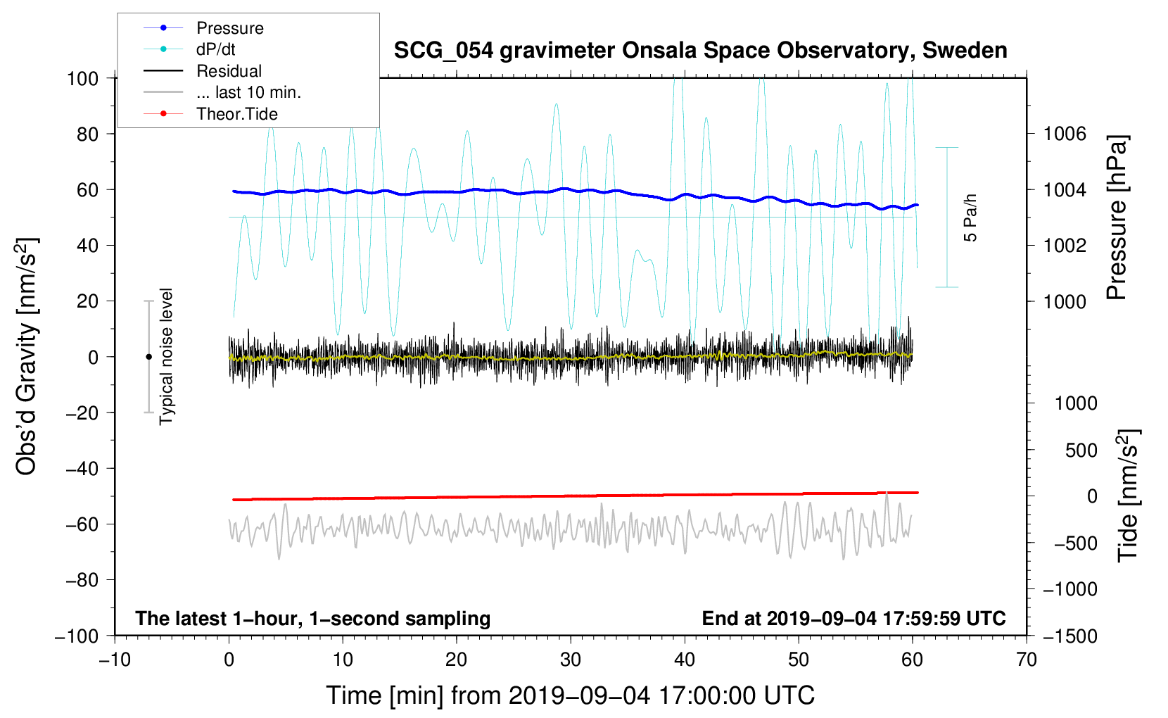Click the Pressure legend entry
[x=229, y=28]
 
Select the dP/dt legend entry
[x=215, y=49]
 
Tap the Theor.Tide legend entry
[x=236, y=114]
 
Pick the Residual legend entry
[x=229, y=71]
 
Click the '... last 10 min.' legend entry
[x=248, y=92]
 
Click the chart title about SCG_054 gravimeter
[x=700, y=51]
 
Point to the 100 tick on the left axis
[x=82, y=78]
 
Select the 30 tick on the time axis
[x=571, y=660]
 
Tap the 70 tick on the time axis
[x=1027, y=660]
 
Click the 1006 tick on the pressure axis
[x=1065, y=134]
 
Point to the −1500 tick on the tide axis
[x=1069, y=636]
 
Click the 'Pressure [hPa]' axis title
[x=1117, y=218]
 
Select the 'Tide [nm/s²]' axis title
[x=1128, y=496]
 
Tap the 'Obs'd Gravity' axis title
[x=27, y=357]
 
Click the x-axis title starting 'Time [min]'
[x=570, y=695]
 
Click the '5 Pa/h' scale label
[x=971, y=218]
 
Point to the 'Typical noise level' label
[x=166, y=356]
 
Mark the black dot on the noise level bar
[x=148, y=357]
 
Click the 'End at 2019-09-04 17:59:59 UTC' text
[x=853, y=619]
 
